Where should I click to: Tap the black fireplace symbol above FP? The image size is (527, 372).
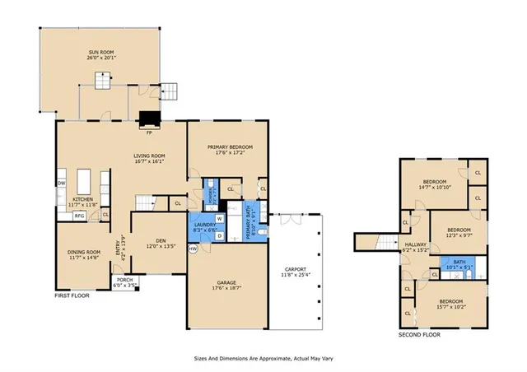click(149, 119)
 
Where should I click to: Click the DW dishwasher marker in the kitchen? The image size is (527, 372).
click(62, 183)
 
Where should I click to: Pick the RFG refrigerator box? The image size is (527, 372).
click(80, 216)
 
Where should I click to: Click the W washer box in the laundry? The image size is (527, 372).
click(220, 219)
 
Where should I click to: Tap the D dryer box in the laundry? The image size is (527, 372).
click(220, 235)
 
